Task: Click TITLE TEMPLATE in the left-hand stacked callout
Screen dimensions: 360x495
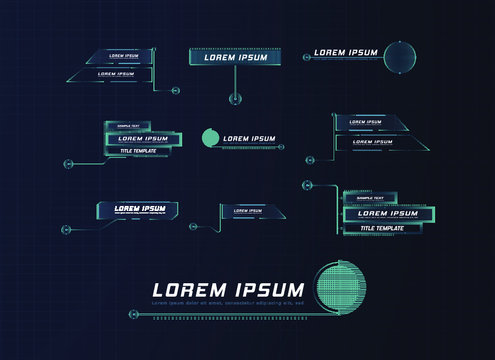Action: (140, 151)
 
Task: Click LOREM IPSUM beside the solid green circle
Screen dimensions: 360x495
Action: (249, 139)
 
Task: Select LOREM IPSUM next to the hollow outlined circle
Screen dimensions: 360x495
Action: (346, 53)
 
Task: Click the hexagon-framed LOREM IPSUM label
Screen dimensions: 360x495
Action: (140, 209)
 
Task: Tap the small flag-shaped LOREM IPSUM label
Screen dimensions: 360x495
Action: (247, 211)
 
